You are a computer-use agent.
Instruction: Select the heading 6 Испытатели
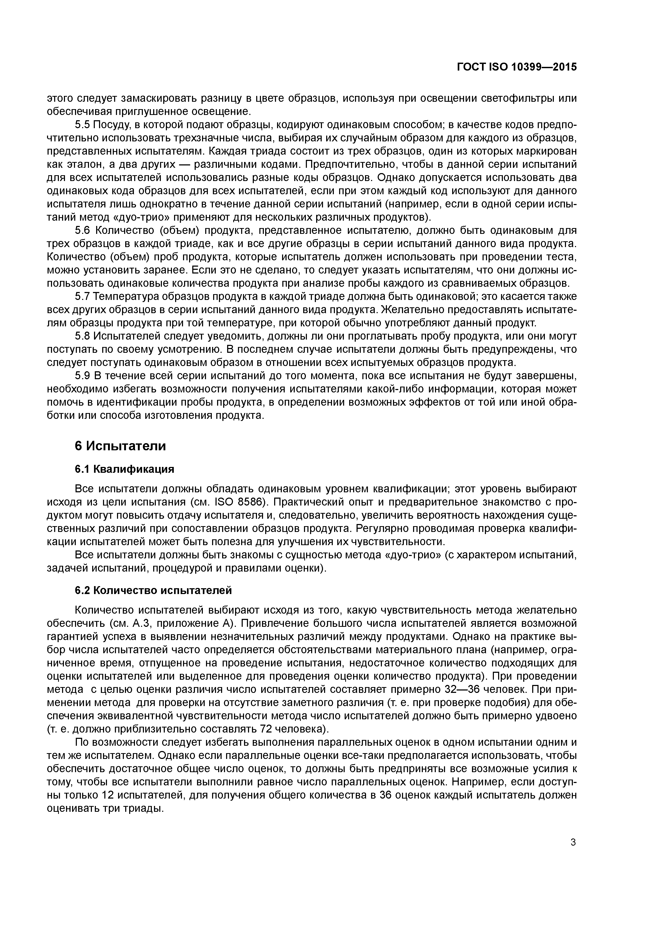pyautogui.click(x=120, y=446)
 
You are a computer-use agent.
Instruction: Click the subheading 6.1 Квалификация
pyautogui.click(x=124, y=469)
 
